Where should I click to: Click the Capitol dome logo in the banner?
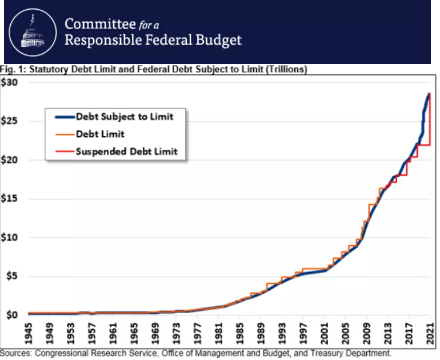pos(31,33)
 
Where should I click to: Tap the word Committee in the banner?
pos(95,24)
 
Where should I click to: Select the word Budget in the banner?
pos(219,41)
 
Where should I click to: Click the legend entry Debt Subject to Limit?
pos(125,117)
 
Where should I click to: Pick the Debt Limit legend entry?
pos(100,134)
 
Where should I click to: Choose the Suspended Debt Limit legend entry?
pos(126,151)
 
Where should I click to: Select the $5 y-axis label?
pos(12,277)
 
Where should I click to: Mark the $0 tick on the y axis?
pos(12,315)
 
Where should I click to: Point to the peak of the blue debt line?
pos(429,94)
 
